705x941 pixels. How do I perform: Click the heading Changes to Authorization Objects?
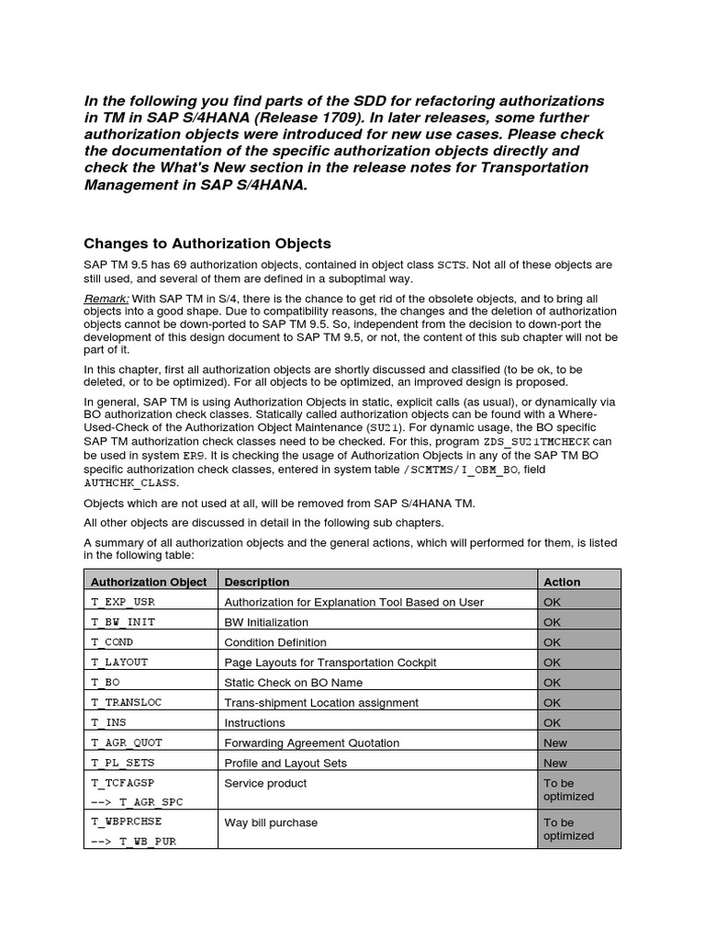(x=207, y=244)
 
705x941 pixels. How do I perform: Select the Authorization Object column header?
(x=148, y=582)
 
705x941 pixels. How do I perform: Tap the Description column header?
(x=257, y=582)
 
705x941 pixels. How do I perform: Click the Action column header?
(x=562, y=582)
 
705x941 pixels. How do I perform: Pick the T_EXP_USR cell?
(x=124, y=602)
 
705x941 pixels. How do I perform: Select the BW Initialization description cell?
(x=266, y=622)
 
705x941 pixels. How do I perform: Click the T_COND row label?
(x=113, y=642)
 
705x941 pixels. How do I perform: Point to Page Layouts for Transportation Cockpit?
(x=330, y=663)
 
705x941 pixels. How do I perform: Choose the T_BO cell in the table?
(x=106, y=683)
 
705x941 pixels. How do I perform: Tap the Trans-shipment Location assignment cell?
(x=321, y=703)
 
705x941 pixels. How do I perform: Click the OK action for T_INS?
(x=552, y=723)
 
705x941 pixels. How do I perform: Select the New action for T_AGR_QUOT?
(x=555, y=743)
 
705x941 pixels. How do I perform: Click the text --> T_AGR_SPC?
(x=137, y=802)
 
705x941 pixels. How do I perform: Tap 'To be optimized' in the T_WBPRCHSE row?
(x=568, y=829)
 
